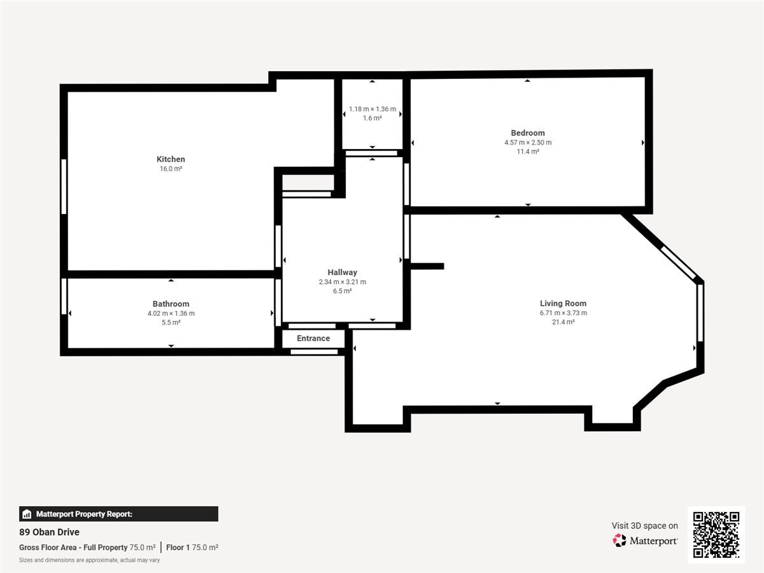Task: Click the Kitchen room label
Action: pyautogui.click(x=171, y=159)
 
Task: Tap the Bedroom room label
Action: pyautogui.click(x=528, y=133)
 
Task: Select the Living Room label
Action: pyautogui.click(x=563, y=304)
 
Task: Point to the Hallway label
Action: pyautogui.click(x=342, y=272)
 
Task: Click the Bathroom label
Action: pyautogui.click(x=171, y=304)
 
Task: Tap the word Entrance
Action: pyautogui.click(x=313, y=338)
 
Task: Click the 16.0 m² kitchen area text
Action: pyautogui.click(x=171, y=169)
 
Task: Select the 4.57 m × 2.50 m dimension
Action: pyautogui.click(x=528, y=142)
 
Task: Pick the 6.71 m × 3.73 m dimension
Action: pyautogui.click(x=563, y=313)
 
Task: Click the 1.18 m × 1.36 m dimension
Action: pyautogui.click(x=372, y=109)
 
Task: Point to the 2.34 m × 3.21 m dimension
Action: pyautogui.click(x=343, y=282)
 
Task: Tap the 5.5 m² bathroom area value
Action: pyautogui.click(x=171, y=323)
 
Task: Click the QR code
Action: pyautogui.click(x=716, y=534)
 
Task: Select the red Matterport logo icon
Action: pyautogui.click(x=619, y=541)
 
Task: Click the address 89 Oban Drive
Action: pyautogui.click(x=49, y=532)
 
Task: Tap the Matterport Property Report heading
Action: pyautogui.click(x=84, y=514)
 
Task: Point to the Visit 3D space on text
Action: pyautogui.click(x=644, y=526)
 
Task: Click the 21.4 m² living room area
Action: pyautogui.click(x=563, y=322)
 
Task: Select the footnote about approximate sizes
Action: pyautogui.click(x=90, y=560)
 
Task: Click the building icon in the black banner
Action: pyautogui.click(x=27, y=514)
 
